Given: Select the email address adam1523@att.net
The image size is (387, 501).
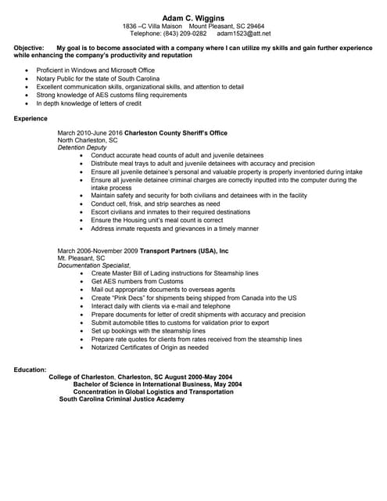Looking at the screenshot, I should pos(244,34).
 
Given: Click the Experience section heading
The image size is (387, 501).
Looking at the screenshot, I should pos(30,118).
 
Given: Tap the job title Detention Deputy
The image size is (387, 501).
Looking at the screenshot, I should pos(82,147).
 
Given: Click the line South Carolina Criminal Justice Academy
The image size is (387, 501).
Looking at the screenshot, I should pos(122,399).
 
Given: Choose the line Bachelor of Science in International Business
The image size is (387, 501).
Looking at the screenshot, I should pos(157,384).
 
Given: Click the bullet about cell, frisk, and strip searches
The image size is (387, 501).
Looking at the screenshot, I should pos(156,204).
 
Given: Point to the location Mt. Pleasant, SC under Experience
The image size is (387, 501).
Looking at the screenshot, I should pos(81,258).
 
